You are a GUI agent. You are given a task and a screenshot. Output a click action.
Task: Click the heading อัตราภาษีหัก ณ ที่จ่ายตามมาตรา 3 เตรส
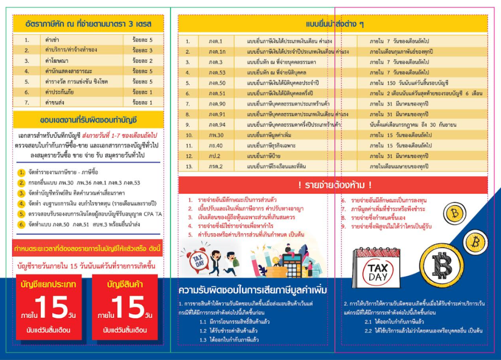[88, 24]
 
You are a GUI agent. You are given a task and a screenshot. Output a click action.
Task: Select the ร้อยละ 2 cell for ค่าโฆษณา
[142, 61]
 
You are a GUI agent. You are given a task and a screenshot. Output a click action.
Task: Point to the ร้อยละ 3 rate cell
[142, 50]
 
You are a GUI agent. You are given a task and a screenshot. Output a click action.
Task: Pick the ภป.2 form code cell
[216, 156]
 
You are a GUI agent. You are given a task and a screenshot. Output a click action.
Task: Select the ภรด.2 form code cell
[216, 166]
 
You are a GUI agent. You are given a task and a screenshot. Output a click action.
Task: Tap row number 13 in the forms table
[188, 166]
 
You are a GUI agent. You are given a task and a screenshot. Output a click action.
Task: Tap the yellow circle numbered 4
[22, 204]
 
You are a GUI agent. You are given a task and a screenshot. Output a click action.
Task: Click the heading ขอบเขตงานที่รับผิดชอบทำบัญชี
[88, 120]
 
